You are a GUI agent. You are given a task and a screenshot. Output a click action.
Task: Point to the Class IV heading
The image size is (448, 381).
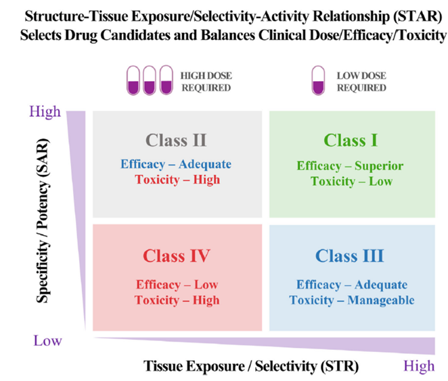point(177,257)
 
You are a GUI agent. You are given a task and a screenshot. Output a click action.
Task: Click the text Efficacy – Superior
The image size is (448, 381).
point(350,166)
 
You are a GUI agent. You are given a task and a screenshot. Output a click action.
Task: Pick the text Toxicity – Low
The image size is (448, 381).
point(350,181)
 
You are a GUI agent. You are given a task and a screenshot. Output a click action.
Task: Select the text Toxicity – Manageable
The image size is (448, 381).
point(352,300)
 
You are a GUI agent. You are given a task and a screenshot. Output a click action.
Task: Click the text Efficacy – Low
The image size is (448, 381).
point(177,285)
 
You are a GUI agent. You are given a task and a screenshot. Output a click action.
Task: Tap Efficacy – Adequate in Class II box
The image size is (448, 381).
point(176,164)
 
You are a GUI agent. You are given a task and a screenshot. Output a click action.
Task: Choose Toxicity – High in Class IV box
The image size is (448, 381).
point(177,300)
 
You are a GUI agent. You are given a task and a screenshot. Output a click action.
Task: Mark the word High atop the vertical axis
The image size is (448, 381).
point(45,112)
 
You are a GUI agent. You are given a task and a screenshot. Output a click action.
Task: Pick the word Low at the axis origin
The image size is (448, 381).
point(47,340)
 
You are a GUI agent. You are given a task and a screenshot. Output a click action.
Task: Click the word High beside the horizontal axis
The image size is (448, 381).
point(419,366)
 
